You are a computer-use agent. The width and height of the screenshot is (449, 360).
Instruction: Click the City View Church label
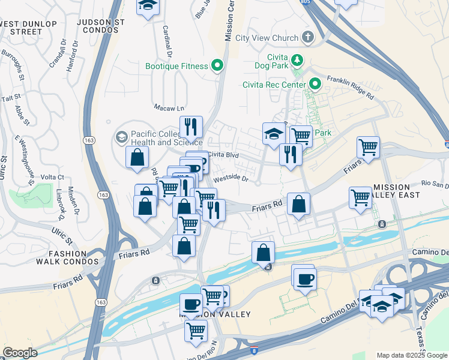coord(267,38)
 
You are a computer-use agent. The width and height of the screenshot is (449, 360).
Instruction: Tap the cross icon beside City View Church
coord(307,37)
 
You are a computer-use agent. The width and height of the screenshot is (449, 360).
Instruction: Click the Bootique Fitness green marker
coord(217,66)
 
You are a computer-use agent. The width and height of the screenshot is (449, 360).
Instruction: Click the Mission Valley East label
coord(399,191)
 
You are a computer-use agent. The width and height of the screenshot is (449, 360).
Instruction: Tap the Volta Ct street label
coord(52,177)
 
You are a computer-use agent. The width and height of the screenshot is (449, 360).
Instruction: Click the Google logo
coord(19,353)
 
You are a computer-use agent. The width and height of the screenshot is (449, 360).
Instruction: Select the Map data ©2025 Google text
coord(412,355)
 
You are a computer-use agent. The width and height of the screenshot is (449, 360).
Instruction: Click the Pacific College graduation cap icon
coord(121,137)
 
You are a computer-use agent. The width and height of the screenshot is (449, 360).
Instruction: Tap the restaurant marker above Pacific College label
coord(191,127)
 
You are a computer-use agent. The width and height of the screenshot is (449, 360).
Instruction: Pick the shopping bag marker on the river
coord(263,253)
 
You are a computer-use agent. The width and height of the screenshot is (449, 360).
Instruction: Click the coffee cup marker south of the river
coord(306,279)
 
